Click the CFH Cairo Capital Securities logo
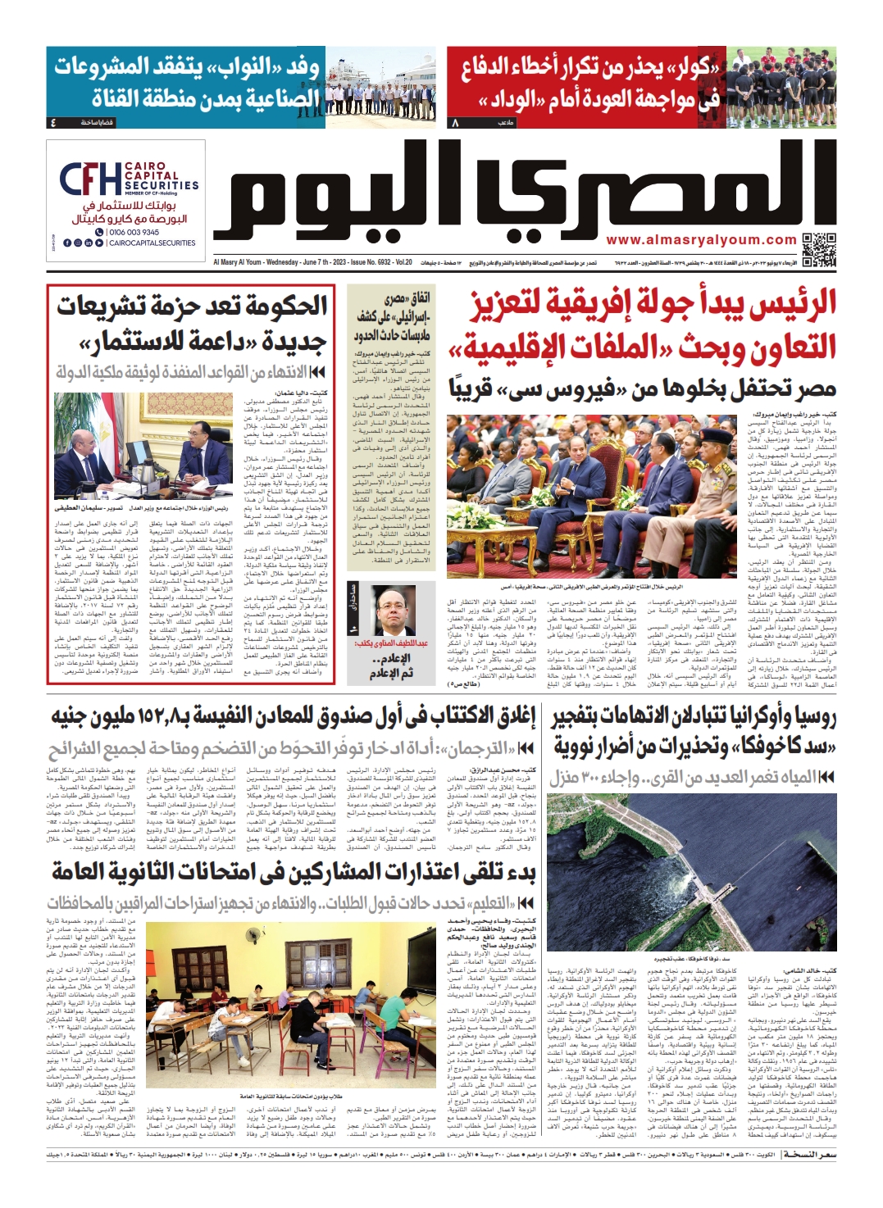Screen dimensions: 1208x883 click(128, 178)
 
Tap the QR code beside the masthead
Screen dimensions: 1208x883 click(818, 249)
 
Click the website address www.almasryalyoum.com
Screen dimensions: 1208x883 click(702, 240)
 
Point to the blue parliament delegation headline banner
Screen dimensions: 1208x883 click(187, 82)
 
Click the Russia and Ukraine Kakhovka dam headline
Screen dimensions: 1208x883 click(694, 733)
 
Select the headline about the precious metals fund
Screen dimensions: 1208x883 click(293, 715)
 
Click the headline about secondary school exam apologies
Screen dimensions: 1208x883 click(294, 872)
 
